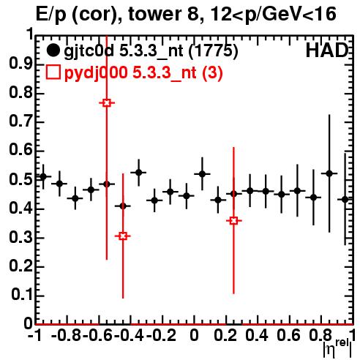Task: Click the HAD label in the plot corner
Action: click(x=327, y=50)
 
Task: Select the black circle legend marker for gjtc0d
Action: click(x=53, y=50)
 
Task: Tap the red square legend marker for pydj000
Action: click(x=53, y=72)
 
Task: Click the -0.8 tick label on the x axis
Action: click(x=66, y=335)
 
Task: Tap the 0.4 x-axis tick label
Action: click(x=257, y=335)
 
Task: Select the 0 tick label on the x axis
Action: click(x=194, y=335)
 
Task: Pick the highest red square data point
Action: click(x=107, y=103)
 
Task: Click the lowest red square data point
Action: click(x=123, y=236)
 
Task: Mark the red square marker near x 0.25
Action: click(x=233, y=221)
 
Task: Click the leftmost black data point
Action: click(x=43, y=176)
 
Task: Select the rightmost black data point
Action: click(x=345, y=199)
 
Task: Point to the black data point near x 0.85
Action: click(x=329, y=173)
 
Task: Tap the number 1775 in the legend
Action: click(x=213, y=50)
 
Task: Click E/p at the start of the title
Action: click(x=51, y=15)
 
